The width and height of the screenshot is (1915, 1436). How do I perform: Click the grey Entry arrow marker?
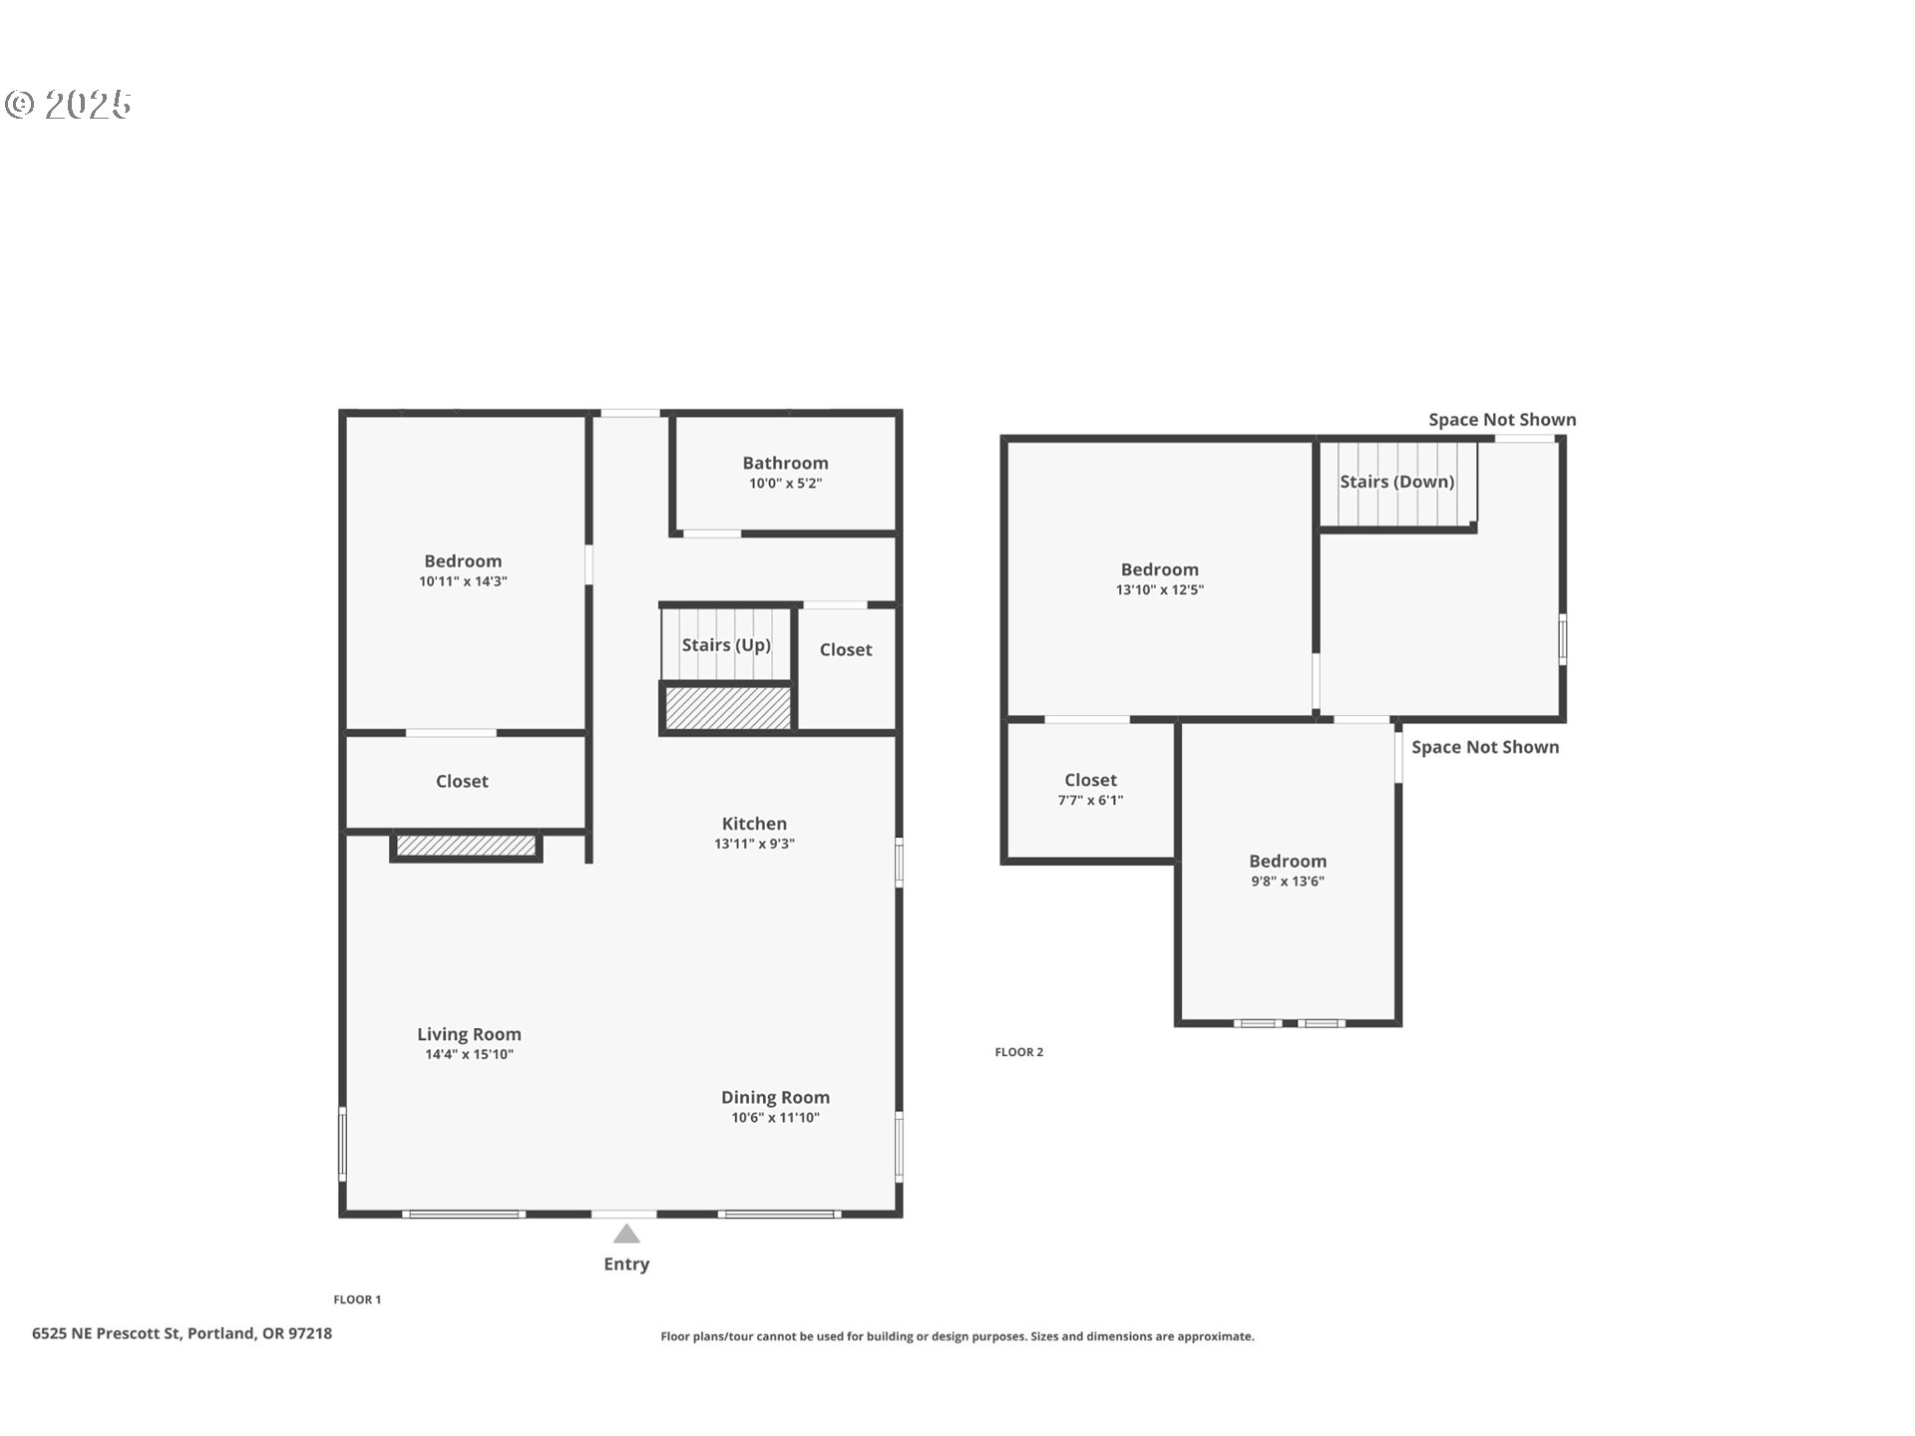click(626, 1235)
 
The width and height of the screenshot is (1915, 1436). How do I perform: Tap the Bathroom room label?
click(785, 463)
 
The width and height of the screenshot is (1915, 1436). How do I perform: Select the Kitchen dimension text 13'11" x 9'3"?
click(754, 844)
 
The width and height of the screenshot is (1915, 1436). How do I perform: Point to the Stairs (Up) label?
click(726, 645)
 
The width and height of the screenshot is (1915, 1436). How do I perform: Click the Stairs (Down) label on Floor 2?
click(1396, 482)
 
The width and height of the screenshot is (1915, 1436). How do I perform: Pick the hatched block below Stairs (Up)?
click(728, 707)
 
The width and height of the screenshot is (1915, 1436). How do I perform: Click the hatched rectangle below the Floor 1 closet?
click(466, 846)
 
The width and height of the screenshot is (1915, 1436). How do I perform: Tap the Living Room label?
click(469, 1034)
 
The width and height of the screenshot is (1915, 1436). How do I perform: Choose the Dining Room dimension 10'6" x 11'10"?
click(775, 1118)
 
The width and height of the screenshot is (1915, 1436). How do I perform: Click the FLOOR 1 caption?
click(357, 1299)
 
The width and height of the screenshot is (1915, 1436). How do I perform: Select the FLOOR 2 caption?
click(1018, 1052)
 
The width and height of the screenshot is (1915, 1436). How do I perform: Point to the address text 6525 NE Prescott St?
click(106, 1333)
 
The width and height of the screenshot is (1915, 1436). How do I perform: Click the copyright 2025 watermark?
click(68, 104)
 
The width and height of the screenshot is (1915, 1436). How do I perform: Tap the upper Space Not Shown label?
click(1502, 420)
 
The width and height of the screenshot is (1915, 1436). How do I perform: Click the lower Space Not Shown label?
click(1485, 747)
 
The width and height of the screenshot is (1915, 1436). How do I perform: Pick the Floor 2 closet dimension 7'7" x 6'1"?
click(1090, 800)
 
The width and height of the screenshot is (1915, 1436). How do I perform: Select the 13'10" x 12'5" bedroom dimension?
click(1159, 589)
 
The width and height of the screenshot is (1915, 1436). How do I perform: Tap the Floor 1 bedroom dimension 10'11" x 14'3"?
click(463, 581)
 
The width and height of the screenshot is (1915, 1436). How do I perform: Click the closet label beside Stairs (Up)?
click(846, 649)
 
